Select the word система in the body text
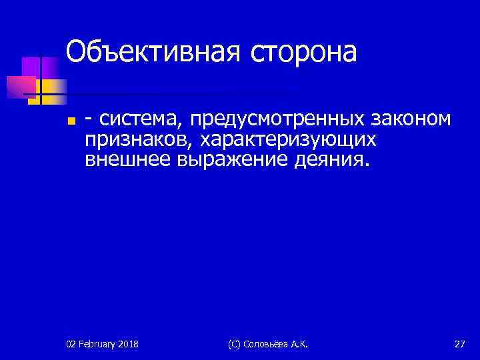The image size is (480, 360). pos(140,120)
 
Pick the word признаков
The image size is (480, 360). pos(135,140)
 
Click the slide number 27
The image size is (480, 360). pos(459,344)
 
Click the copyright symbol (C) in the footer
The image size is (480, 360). pos(235,344)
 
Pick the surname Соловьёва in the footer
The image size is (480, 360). pos(270,344)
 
